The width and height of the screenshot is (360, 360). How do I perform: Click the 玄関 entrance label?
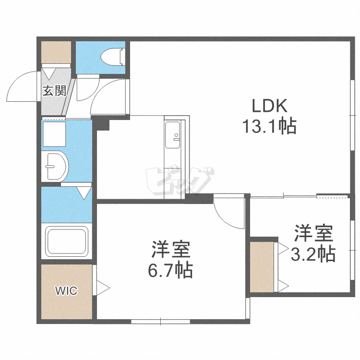coord(55,91)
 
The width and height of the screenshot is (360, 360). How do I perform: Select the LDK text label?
coord(270,106)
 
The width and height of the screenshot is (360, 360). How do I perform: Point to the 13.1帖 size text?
coord(270,126)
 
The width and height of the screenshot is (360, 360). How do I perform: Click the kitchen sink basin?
coord(172,135)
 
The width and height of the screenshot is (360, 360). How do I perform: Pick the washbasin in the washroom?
coord(55,166)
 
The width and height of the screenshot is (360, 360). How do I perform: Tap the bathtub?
coord(67,241)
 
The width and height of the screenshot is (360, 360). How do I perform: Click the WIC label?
coord(66,291)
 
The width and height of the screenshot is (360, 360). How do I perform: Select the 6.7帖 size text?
coord(170,270)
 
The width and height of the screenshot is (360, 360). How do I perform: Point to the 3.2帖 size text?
coord(313,254)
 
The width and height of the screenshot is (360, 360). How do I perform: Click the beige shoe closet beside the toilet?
coord(56,52)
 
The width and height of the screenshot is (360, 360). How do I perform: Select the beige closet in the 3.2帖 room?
coord(262,267)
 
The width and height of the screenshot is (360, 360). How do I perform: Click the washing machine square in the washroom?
coord(54,134)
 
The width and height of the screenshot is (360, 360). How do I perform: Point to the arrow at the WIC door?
coord(103,288)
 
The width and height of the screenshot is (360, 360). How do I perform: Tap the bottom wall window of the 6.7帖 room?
coord(160,321)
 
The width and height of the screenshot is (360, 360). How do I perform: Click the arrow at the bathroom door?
coord(84,193)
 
